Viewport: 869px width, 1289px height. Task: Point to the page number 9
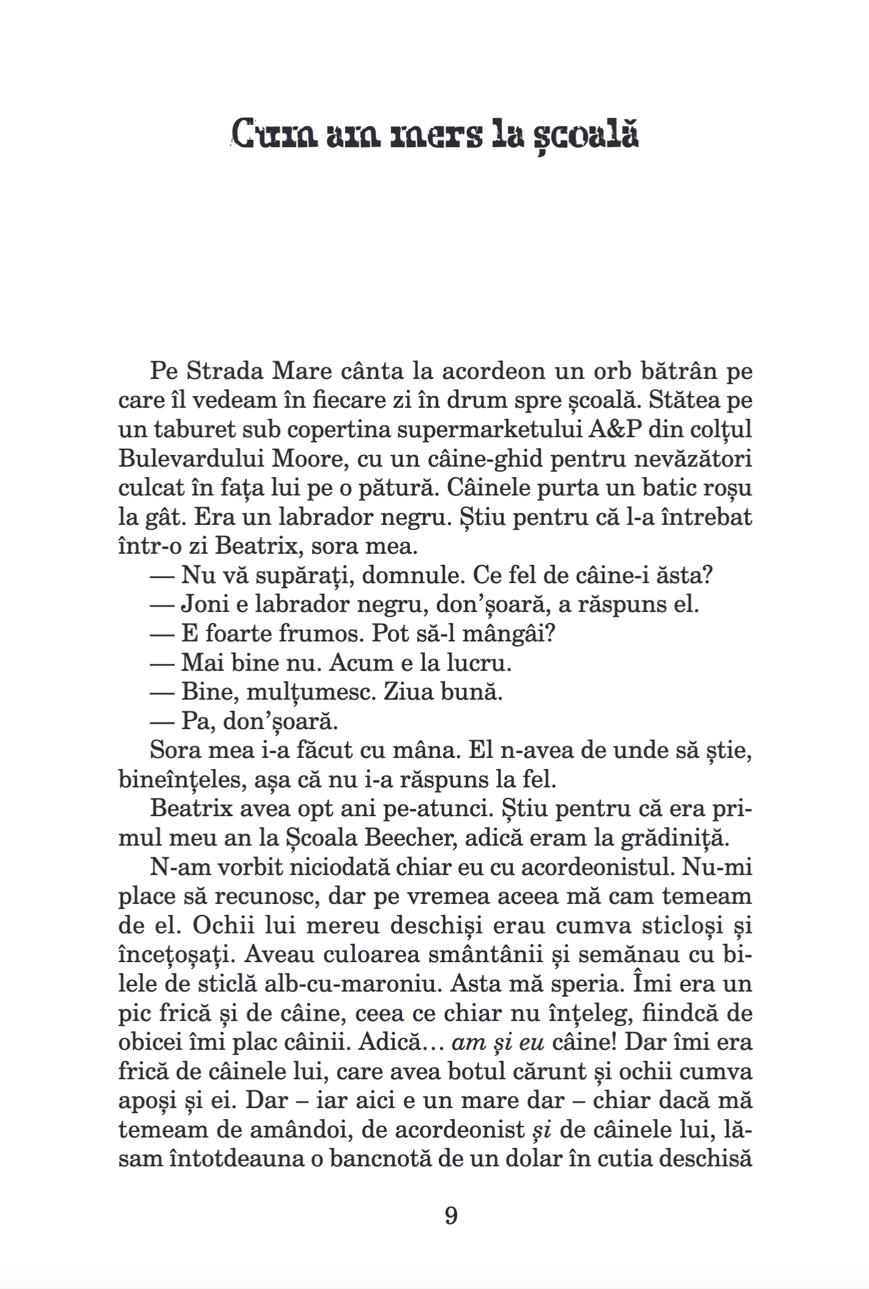tap(450, 1214)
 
